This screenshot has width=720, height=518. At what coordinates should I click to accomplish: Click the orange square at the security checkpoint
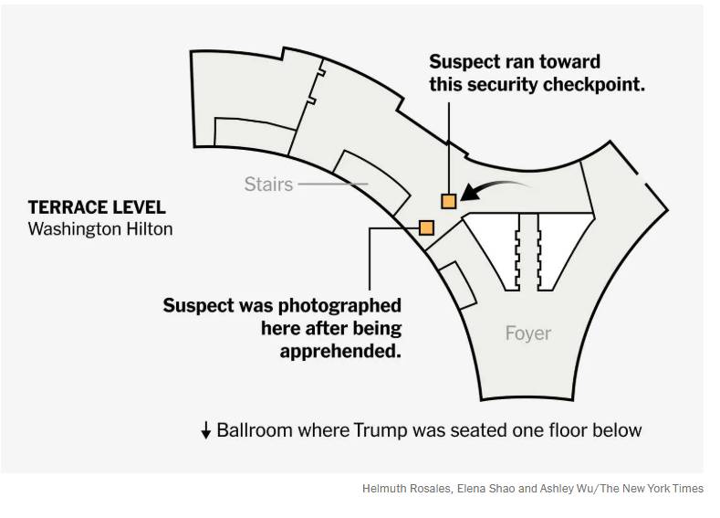click(448, 201)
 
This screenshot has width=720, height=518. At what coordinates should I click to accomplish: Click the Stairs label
click(268, 184)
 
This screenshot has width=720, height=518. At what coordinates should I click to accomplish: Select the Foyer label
click(528, 333)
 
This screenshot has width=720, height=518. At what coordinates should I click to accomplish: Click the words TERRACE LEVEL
click(97, 207)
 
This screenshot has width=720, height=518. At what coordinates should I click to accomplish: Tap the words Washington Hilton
click(100, 228)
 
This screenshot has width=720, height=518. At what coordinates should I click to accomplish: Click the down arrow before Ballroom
click(206, 430)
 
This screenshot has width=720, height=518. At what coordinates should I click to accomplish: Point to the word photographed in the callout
click(348, 305)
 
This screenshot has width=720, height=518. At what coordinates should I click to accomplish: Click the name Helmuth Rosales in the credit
click(402, 489)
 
